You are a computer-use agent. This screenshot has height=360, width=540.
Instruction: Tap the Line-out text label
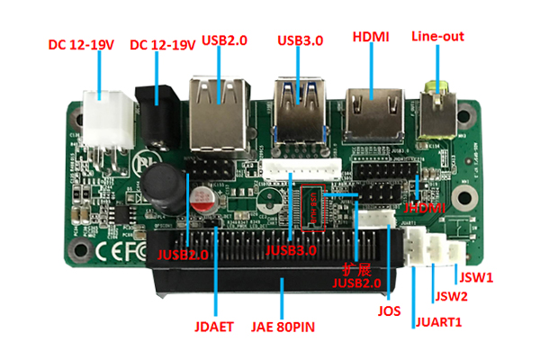tap(436, 37)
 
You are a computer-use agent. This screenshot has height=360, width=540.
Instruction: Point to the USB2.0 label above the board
tap(224, 41)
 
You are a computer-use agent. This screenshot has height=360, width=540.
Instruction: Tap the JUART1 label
tap(437, 321)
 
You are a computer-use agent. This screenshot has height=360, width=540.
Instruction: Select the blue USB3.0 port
tap(301, 107)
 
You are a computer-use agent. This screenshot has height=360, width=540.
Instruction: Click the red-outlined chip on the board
tap(310, 203)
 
